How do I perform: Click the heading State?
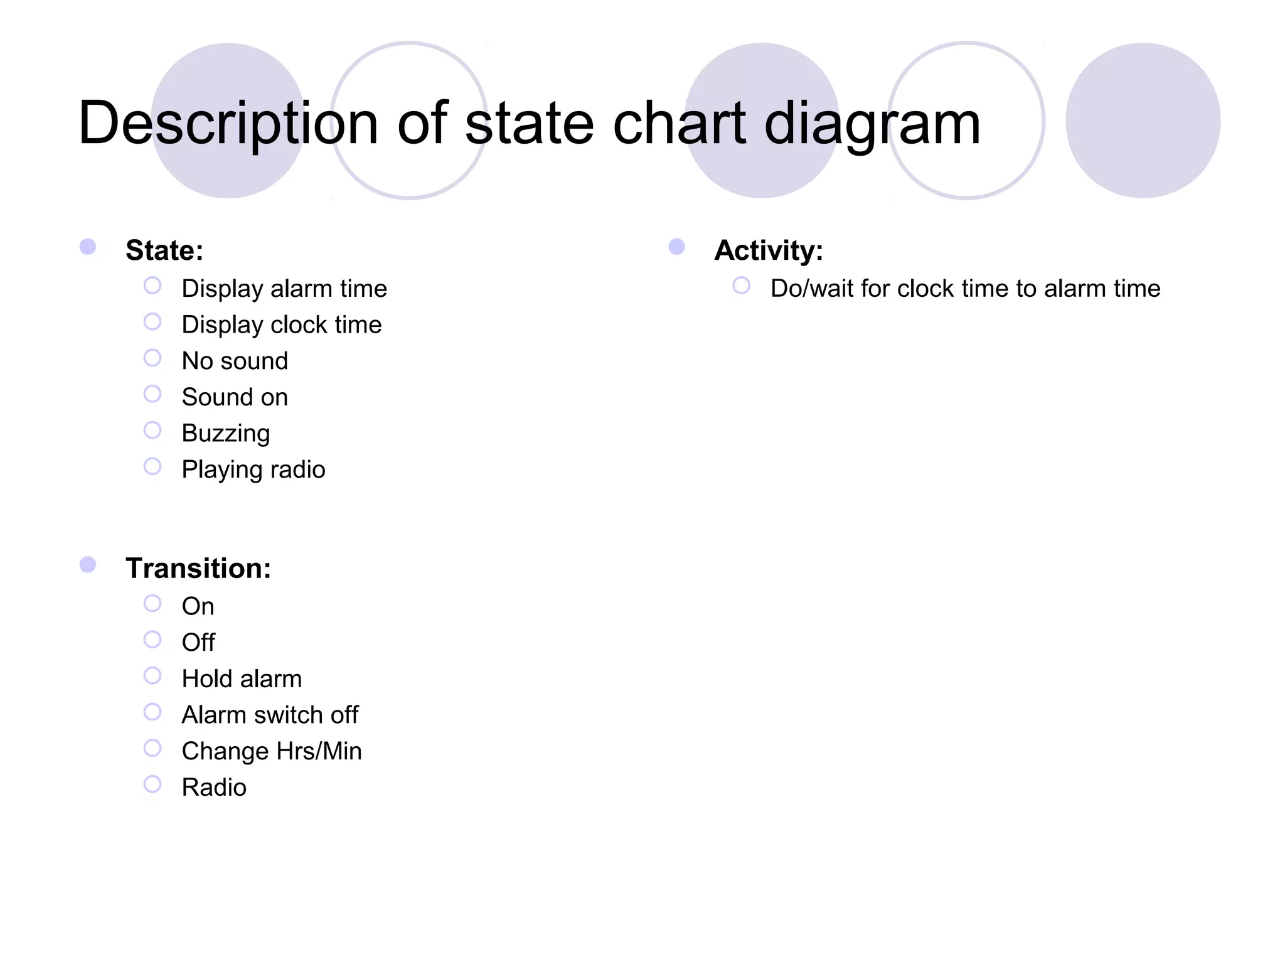[164, 250]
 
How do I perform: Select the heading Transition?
[198, 569]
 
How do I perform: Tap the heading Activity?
[769, 250]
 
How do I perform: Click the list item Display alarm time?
[284, 289]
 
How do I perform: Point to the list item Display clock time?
[281, 325]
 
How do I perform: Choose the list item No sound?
[235, 361]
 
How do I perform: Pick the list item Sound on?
[235, 397]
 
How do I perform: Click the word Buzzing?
[226, 434]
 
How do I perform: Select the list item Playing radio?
[253, 469]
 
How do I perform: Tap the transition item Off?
[198, 643]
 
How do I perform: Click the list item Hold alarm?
[242, 679]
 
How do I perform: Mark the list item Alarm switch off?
[270, 715]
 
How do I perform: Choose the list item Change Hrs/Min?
[272, 751]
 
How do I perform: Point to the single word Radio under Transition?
[214, 788]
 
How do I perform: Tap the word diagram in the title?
[872, 124]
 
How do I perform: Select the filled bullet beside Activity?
[676, 247]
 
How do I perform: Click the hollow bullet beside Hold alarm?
[152, 676]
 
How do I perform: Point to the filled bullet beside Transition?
[88, 565]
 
